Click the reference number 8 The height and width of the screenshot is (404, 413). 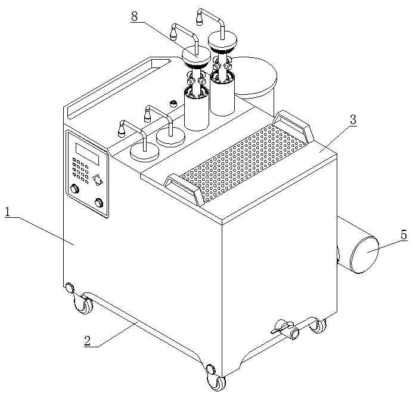pyautogui.click(x=134, y=16)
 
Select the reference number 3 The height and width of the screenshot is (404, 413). pyautogui.click(x=353, y=119)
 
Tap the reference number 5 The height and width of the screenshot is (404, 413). pyautogui.click(x=404, y=235)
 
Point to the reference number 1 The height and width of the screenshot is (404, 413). pyautogui.click(x=8, y=212)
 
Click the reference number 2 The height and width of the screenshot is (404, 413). pyautogui.click(x=88, y=341)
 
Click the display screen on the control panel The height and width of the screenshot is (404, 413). pyautogui.click(x=87, y=154)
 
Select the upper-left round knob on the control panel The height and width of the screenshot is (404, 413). pyautogui.click(x=75, y=189)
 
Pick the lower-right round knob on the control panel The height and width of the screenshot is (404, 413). pyautogui.click(x=99, y=203)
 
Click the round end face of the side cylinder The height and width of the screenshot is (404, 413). pyautogui.click(x=365, y=254)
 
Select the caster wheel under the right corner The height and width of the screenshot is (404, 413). pyautogui.click(x=318, y=326)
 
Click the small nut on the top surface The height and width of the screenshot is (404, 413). pyautogui.click(x=173, y=103)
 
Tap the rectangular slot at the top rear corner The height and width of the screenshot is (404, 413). pyautogui.click(x=119, y=88)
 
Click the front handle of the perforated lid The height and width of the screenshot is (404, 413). pyautogui.click(x=184, y=188)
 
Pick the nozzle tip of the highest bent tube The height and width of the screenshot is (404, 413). pyautogui.click(x=200, y=21)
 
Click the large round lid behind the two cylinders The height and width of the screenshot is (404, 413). pyautogui.click(x=254, y=76)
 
